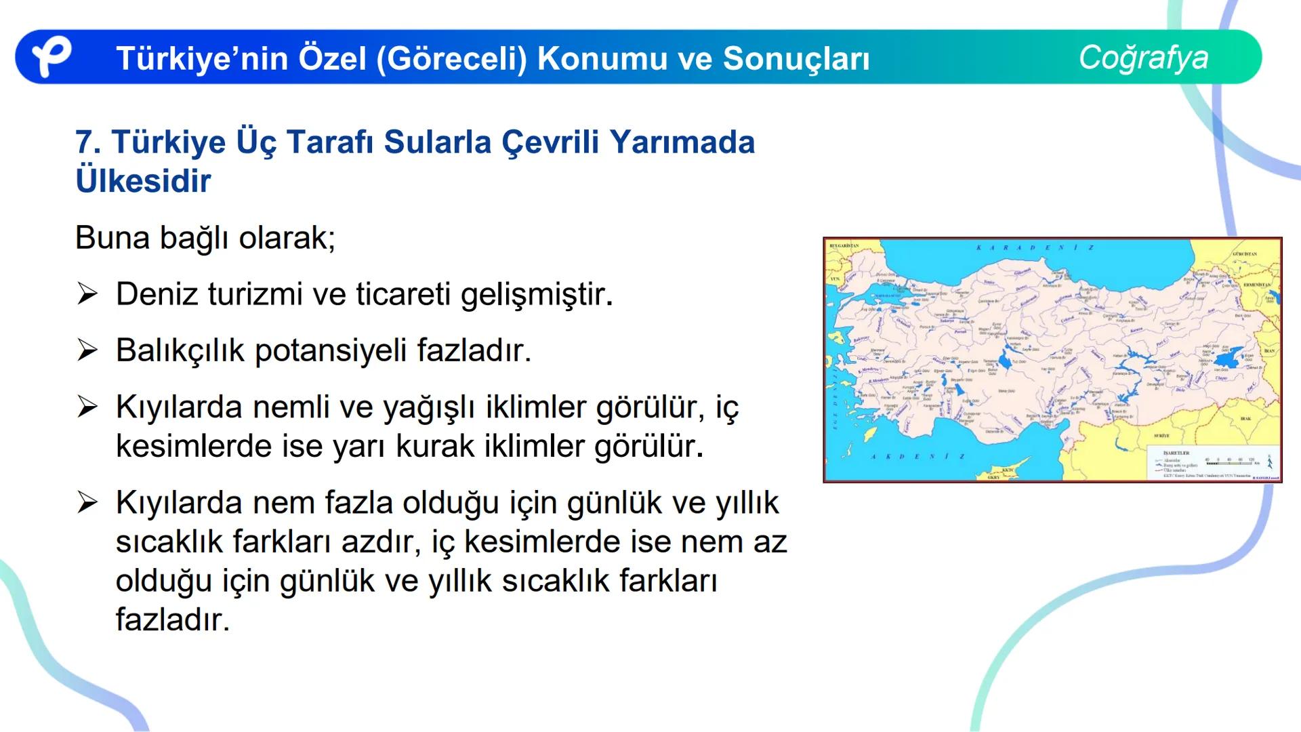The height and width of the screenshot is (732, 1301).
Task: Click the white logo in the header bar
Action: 51,57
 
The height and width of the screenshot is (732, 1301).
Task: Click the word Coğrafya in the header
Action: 1143,57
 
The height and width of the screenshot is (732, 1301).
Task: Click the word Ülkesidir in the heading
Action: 143,181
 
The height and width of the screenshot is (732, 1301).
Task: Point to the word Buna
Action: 112,238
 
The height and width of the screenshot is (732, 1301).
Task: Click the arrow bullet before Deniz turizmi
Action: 87,294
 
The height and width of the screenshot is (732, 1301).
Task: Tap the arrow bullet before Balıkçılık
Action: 87,350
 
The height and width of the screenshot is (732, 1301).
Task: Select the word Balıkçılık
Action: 180,350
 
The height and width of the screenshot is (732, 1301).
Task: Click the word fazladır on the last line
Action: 172,619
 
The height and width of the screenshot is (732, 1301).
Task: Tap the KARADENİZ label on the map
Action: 1035,248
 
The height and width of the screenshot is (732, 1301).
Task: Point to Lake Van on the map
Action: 1228,355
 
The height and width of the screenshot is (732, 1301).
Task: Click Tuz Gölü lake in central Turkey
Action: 1004,361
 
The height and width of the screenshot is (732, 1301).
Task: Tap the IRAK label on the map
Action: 1245,419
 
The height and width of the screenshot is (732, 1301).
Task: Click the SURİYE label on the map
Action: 1161,436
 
